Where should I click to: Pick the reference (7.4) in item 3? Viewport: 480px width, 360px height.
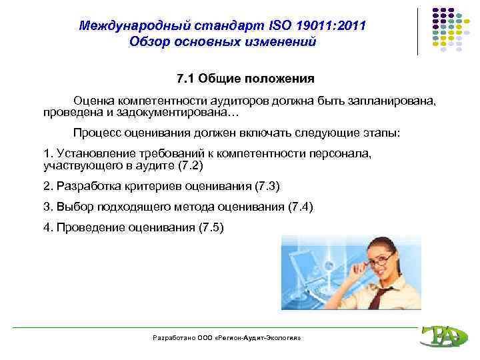(x=299, y=207)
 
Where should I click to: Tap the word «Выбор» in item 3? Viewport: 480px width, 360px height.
(x=72, y=207)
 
